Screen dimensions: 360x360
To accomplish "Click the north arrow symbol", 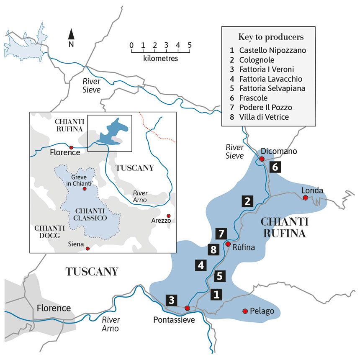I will click(x=72, y=36).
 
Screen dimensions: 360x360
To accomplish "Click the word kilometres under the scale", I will click(x=160, y=58).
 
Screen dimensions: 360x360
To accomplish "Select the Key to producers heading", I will click(x=271, y=36).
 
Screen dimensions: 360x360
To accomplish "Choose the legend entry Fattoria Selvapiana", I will click(x=273, y=88).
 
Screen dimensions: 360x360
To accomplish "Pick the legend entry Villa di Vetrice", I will click(x=264, y=117).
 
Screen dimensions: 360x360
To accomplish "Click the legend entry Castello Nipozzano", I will click(x=273, y=50).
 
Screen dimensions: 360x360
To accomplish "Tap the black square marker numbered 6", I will click(x=275, y=167).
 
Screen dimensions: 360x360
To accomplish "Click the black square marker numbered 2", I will click(x=248, y=201).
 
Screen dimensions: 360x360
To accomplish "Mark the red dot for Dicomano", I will click(x=261, y=159).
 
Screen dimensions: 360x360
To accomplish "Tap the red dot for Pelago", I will click(x=245, y=311).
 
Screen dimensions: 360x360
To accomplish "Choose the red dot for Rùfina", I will click(x=228, y=244).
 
